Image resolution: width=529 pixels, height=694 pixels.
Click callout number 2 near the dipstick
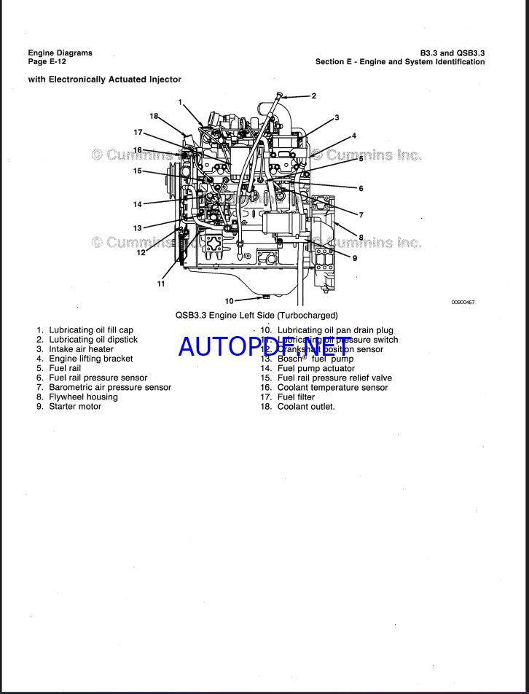313,95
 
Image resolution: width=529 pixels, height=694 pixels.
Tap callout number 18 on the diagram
154,116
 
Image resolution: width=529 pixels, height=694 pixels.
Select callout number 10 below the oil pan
229,300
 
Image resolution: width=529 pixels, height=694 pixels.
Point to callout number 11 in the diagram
161,284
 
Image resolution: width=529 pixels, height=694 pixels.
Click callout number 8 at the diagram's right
361,237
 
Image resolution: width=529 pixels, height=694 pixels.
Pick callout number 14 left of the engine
138,204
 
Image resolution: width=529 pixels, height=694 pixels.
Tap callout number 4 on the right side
353,136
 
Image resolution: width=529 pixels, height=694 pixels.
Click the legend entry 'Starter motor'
74,406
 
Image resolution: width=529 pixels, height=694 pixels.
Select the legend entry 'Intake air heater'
81,349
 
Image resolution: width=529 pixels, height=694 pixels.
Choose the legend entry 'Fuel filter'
296,397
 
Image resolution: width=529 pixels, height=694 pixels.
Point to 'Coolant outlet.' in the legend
306,406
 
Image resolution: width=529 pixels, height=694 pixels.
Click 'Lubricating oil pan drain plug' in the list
334,330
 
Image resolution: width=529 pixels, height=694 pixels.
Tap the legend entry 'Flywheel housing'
82,397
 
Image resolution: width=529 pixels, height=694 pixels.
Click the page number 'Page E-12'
47,62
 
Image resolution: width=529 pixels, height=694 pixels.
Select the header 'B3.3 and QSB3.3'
452,53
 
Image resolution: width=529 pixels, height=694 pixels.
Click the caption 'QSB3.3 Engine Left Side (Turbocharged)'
256,316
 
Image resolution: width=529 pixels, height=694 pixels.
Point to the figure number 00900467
463,301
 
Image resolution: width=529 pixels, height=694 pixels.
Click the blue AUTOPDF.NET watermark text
264,346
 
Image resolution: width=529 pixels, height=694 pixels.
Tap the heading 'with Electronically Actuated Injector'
104,79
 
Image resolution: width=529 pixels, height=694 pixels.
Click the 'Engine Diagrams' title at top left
60,53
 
